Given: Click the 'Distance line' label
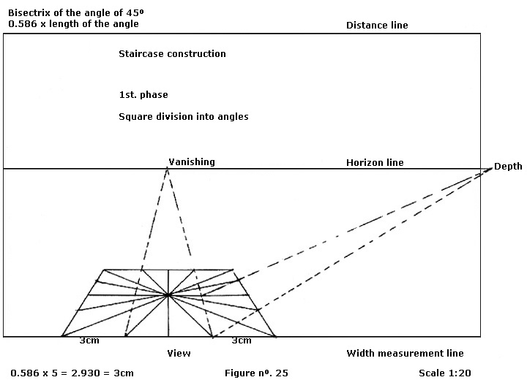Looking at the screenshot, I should (377, 26).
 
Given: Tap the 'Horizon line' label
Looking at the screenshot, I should (375, 162).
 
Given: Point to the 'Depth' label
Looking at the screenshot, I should (508, 167).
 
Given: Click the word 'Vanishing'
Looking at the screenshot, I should (192, 161).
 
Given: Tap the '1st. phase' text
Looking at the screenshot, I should (143, 95).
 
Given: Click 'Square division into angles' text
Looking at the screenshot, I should (183, 116).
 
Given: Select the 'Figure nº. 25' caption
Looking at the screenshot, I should (256, 373).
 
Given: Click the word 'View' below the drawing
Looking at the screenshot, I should (179, 354).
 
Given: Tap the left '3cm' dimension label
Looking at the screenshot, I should (89, 341).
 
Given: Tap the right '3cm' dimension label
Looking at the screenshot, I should (241, 341).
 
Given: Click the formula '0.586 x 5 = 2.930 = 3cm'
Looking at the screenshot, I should (72, 373).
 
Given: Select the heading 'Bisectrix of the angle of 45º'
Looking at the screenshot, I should (71, 12).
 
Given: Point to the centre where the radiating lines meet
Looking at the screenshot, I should (169, 295).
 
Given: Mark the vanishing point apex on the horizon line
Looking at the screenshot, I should (168, 168).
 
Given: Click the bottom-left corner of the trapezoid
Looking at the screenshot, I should (61, 337).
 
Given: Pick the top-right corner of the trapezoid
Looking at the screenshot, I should (233, 269).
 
